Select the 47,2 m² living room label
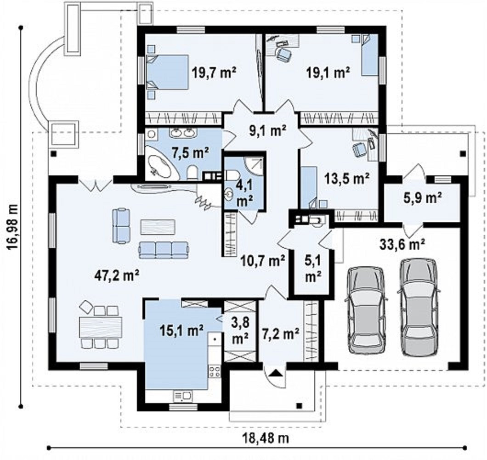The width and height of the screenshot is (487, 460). [x=117, y=275]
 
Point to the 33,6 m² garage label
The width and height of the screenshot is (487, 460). [x=402, y=244]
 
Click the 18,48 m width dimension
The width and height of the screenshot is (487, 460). [x=266, y=438]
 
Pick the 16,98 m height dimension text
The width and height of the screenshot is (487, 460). [x=12, y=227]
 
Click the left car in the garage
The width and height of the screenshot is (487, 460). [x=366, y=310]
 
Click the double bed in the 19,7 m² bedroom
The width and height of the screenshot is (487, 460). [x=168, y=73]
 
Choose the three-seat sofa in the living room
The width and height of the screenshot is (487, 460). [x=164, y=250]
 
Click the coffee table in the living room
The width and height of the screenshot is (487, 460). [x=158, y=227]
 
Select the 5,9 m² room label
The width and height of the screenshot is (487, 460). [x=423, y=198]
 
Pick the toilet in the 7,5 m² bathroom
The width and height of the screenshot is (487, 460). [x=192, y=173]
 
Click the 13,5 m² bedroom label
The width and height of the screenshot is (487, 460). [x=347, y=179]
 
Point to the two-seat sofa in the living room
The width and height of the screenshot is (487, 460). [x=121, y=225]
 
